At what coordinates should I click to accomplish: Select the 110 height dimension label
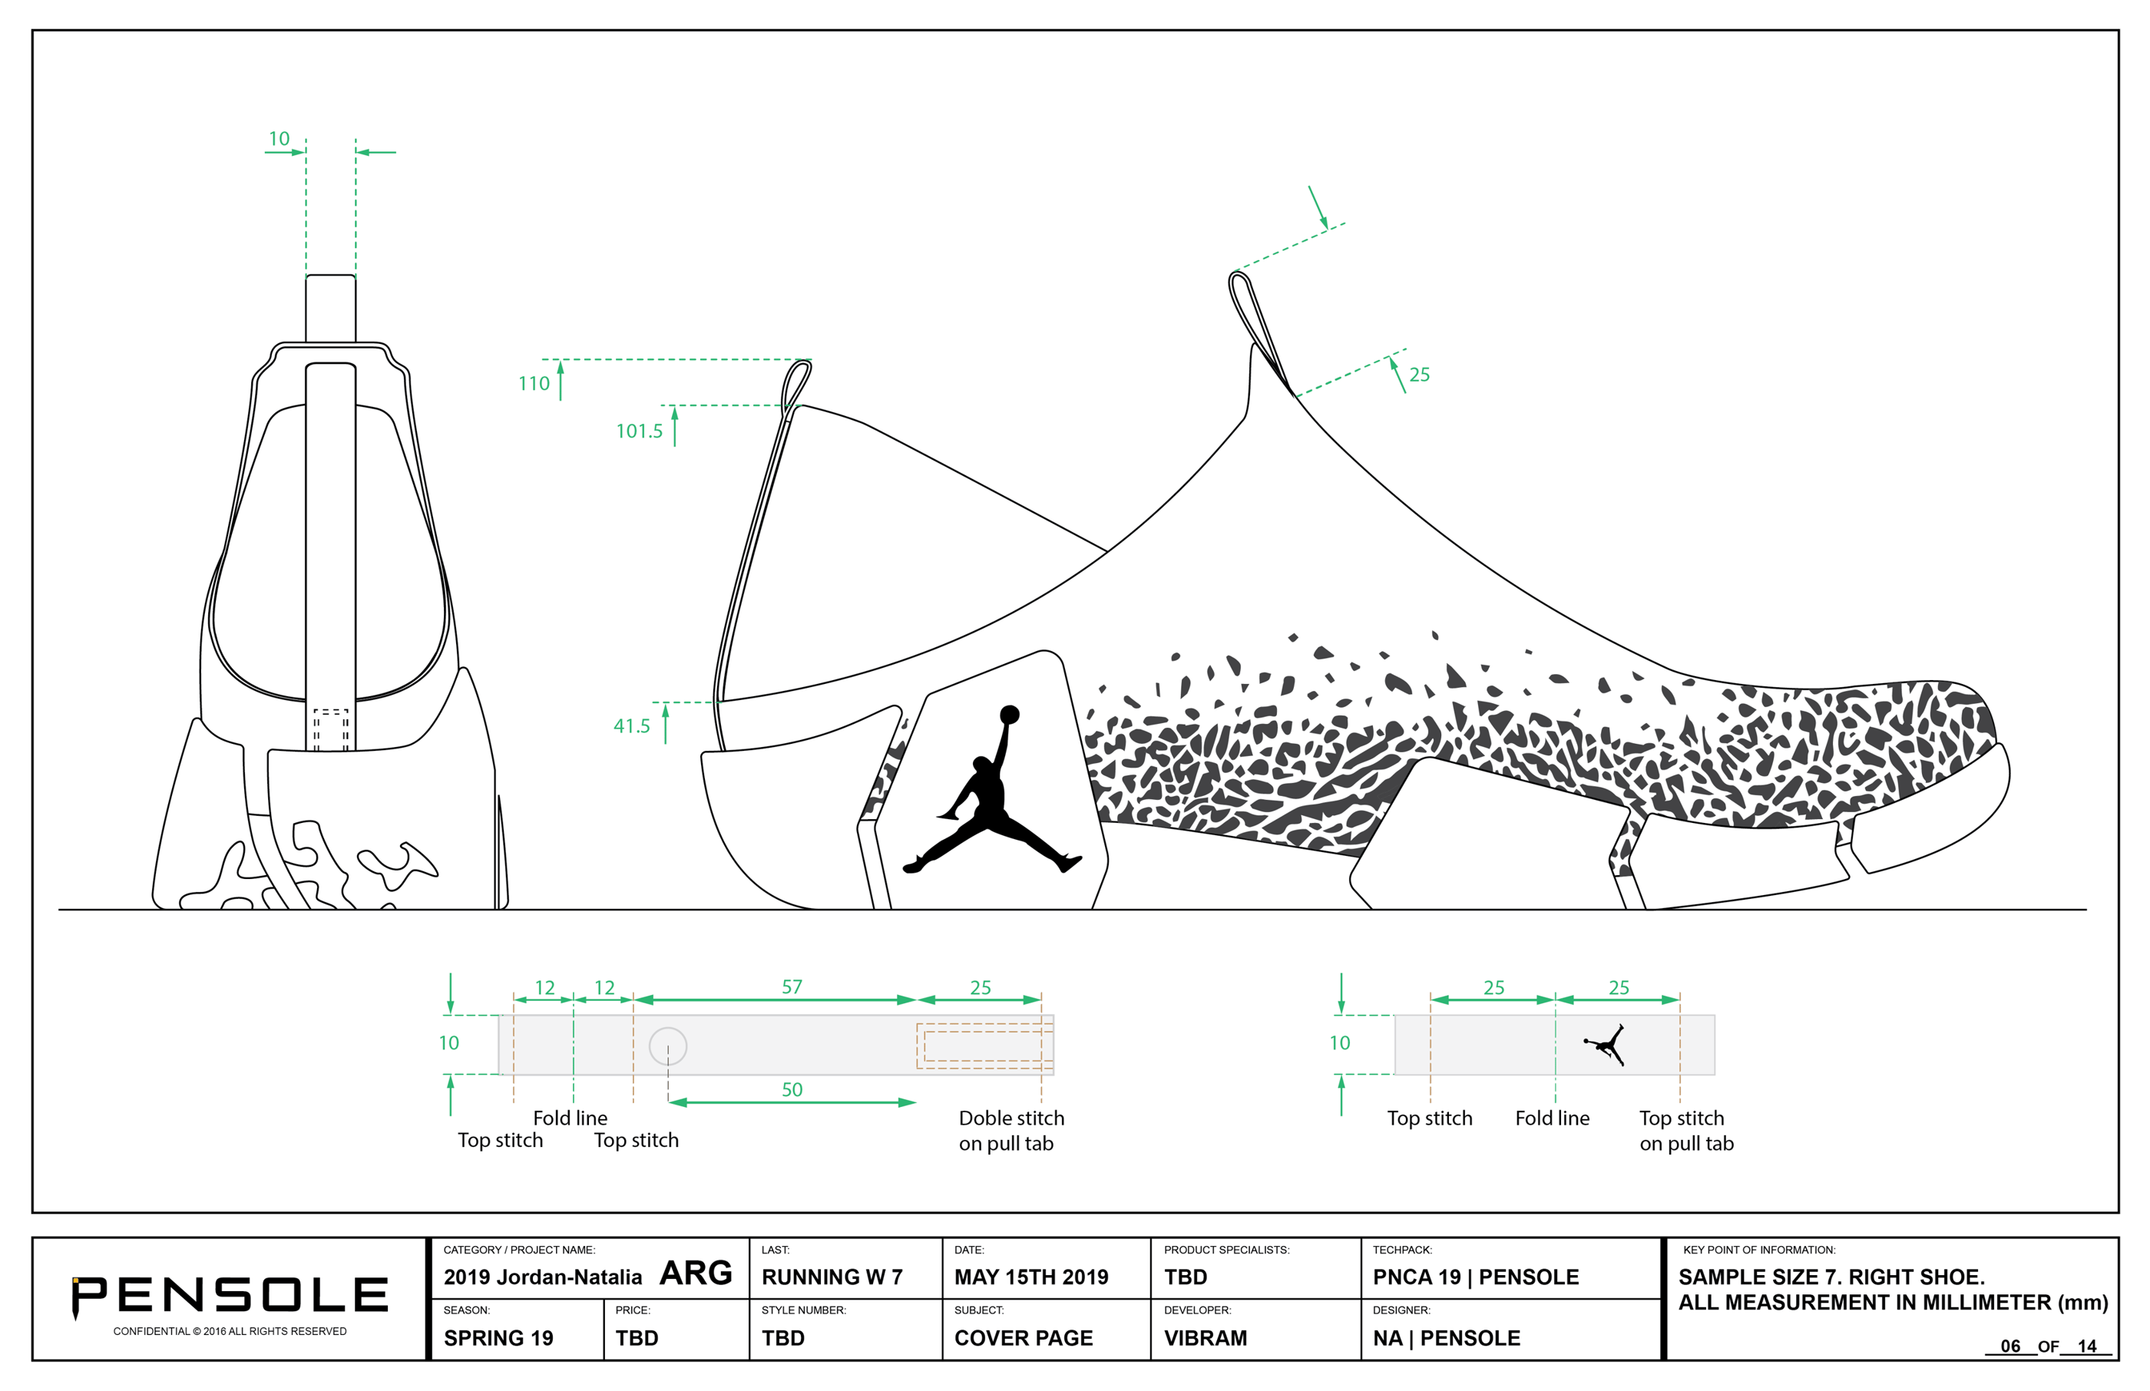[534, 384]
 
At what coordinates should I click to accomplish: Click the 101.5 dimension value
[639, 431]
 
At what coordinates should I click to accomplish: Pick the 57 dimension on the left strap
[792, 987]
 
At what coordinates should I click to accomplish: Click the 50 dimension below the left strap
[792, 1090]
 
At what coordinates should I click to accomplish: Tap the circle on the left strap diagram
[667, 1046]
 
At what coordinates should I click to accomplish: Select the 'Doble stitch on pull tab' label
[1011, 1131]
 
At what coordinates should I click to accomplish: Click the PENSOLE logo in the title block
[230, 1296]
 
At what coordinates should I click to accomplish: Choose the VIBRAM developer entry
[1205, 1338]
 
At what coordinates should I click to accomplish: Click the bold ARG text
[696, 1274]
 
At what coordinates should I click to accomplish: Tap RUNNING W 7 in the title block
[832, 1277]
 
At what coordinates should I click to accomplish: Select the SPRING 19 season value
[498, 1338]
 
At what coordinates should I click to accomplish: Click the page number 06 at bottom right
[2010, 1346]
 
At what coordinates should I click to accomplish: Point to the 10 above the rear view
[279, 139]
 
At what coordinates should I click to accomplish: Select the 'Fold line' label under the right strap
[1552, 1118]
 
